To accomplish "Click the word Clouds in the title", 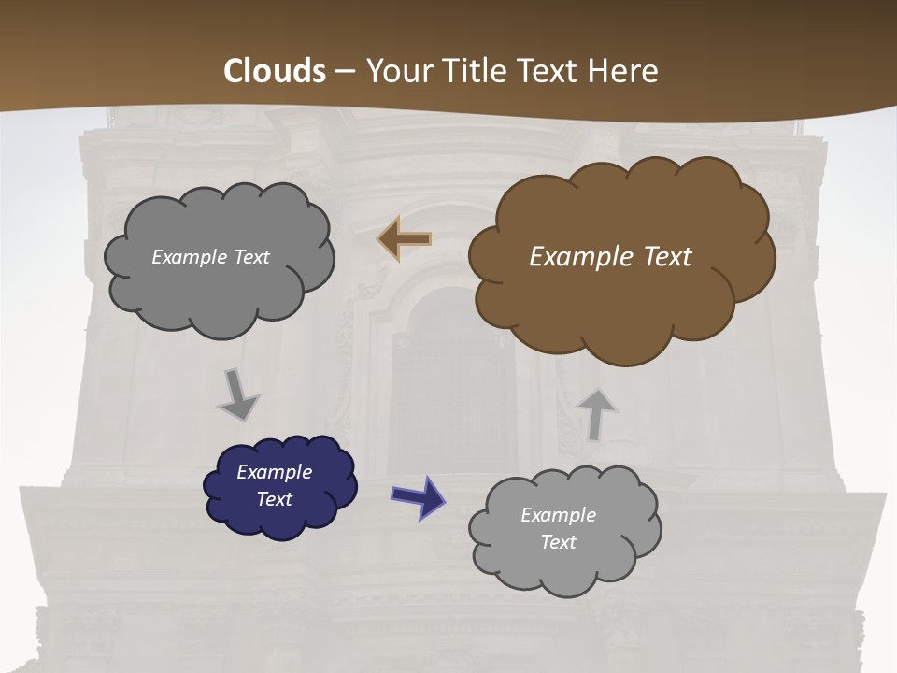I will click(276, 71).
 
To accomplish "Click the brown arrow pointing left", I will click(405, 239).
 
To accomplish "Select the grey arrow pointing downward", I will click(238, 395).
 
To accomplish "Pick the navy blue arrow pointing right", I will click(419, 496).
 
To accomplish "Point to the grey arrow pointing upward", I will click(596, 413).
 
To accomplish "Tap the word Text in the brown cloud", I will click(667, 257).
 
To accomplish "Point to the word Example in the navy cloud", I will click(274, 472).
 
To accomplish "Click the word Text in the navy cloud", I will click(274, 499).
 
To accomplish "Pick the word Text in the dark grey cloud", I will click(251, 257).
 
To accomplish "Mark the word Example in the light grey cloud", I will click(558, 515).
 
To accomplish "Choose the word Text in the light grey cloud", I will click(558, 542).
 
